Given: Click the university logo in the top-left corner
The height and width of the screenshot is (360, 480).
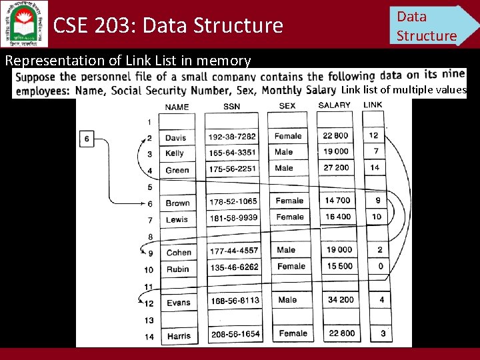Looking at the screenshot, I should click(24, 23).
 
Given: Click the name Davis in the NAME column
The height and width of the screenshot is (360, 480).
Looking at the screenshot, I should click(176, 137).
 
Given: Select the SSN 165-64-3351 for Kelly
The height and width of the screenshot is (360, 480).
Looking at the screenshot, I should click(232, 153).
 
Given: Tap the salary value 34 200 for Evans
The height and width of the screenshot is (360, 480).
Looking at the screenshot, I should click(341, 300).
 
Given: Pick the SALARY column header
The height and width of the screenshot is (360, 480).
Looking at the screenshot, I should click(335, 105).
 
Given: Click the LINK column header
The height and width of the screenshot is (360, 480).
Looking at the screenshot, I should click(373, 105).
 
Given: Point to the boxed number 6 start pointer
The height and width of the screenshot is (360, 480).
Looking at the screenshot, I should click(87, 139).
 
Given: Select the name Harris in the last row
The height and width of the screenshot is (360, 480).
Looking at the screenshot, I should click(178, 336).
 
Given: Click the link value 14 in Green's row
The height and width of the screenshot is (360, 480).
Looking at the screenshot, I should click(375, 168).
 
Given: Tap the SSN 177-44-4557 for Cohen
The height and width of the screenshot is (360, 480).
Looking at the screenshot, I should click(233, 251).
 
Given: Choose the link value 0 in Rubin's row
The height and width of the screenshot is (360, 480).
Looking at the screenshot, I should click(380, 267).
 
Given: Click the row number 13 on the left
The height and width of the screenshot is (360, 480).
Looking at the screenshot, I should click(149, 320).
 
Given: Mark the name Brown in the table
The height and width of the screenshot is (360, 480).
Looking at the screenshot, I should click(178, 203).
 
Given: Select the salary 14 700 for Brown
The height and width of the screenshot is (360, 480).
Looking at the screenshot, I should click(338, 201).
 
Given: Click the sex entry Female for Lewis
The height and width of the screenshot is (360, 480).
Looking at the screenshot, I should click(289, 217).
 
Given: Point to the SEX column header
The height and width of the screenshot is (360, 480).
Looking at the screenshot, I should click(287, 106).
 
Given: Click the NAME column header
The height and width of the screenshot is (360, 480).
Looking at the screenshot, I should click(177, 107).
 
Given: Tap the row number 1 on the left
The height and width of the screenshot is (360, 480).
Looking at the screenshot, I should click(149, 123).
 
